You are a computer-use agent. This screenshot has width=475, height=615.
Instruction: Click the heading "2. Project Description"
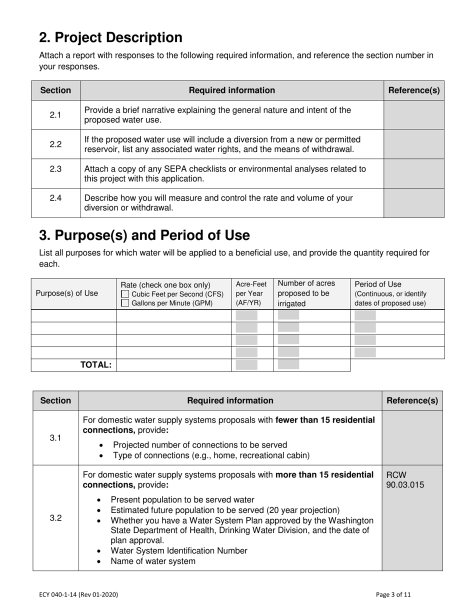(110, 38)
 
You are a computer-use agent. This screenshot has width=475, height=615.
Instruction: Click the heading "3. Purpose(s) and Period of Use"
(144, 235)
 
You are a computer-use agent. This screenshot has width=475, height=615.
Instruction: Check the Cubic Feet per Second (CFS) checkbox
(125, 294)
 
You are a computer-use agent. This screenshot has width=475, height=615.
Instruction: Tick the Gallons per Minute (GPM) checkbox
(125, 303)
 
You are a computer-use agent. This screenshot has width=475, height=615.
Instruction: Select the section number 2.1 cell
(55, 115)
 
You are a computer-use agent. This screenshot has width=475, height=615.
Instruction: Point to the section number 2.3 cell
(55, 169)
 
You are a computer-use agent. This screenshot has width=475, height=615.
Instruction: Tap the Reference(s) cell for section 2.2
(413, 144)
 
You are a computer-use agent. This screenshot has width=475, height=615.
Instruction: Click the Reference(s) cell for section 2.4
(413, 203)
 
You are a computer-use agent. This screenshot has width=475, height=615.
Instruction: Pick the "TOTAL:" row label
(96, 365)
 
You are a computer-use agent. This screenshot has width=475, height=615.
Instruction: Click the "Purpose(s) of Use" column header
(67, 293)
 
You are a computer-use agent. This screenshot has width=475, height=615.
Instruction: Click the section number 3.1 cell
(55, 438)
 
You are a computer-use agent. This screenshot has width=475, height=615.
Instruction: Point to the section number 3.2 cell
(55, 518)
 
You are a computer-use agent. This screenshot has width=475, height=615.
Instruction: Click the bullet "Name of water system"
(153, 561)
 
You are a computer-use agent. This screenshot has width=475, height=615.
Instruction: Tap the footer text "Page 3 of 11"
(393, 594)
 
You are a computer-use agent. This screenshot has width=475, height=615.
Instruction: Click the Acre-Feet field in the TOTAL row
(246, 364)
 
